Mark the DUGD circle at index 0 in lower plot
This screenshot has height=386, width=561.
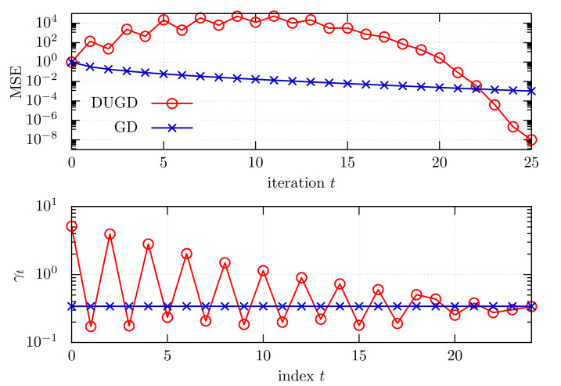coord(72,226)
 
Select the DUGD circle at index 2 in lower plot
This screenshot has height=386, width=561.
coord(110,234)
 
